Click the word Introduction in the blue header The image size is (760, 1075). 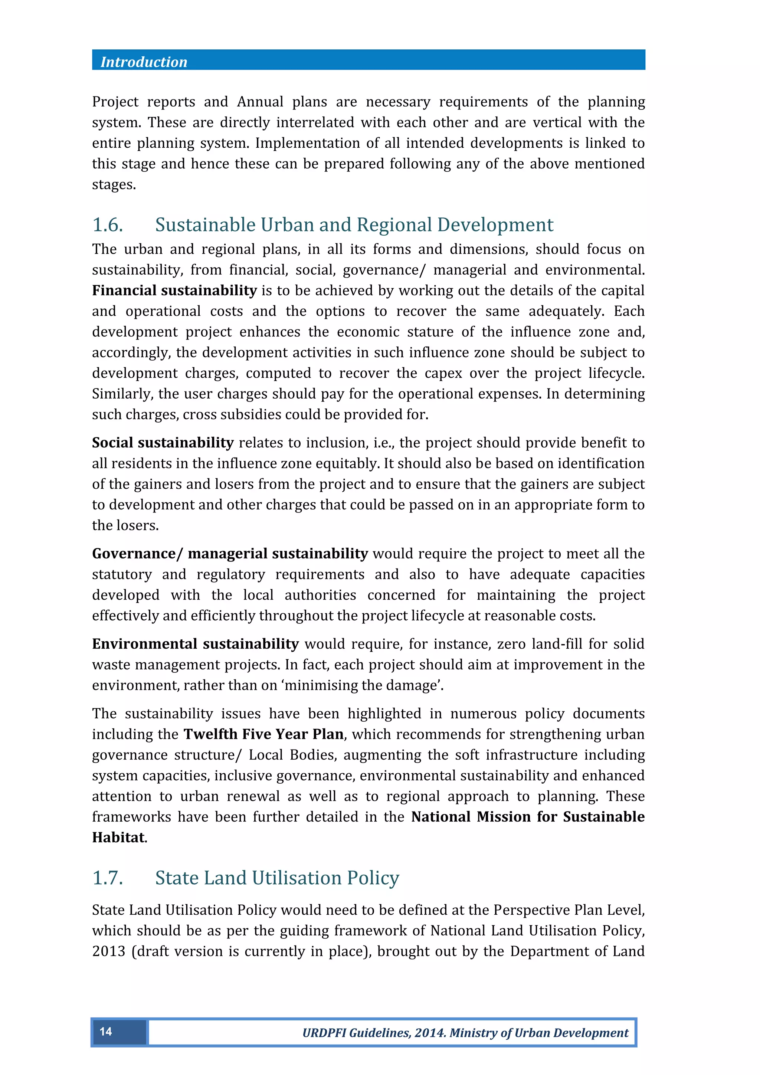[144, 62]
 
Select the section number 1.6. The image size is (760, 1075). [108, 225]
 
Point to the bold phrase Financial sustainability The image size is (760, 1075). [174, 291]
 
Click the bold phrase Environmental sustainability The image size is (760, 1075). [195, 644]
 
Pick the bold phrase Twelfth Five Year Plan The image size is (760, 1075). [263, 734]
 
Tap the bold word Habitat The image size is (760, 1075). [119, 837]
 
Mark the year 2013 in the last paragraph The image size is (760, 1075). [109, 951]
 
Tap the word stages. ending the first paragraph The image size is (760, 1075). [114, 184]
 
